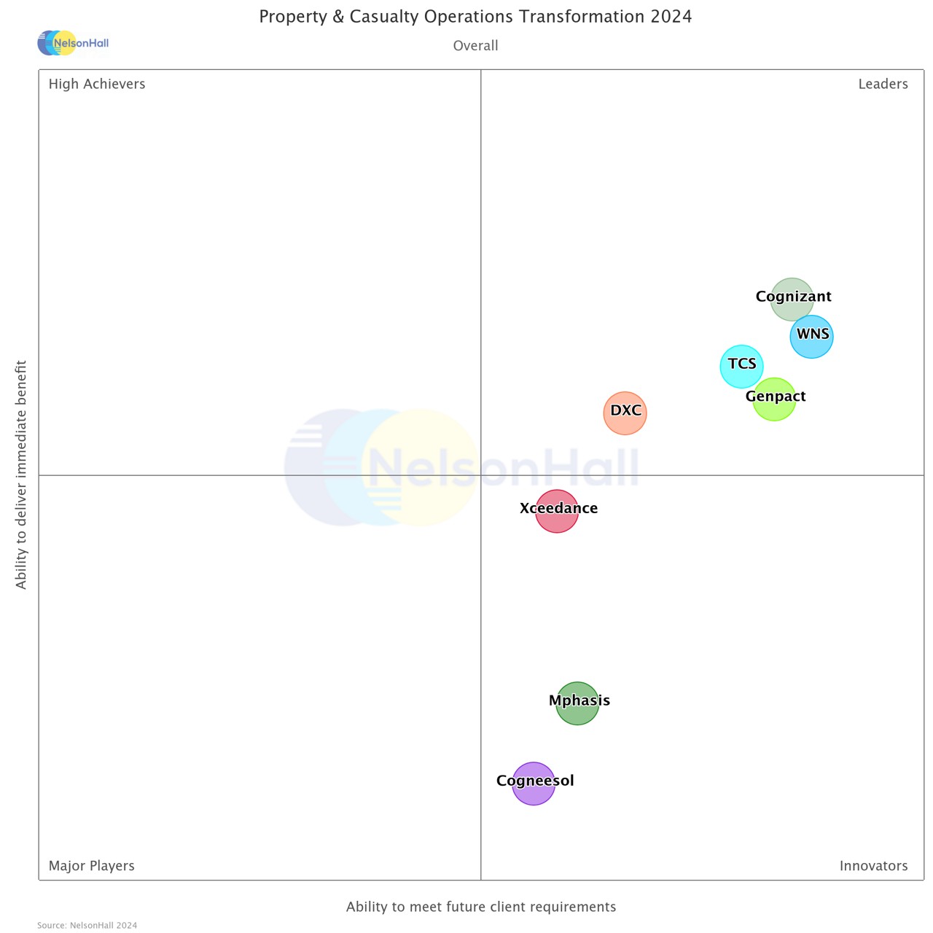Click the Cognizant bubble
coord(792,300)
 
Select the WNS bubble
coord(811,337)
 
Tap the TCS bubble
coord(741,366)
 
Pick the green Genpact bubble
coord(774,399)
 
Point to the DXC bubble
coord(625,413)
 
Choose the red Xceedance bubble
coord(557,511)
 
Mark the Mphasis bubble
coord(577,703)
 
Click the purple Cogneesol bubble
coord(534,784)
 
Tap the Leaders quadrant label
coord(883,84)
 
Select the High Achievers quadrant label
coord(97,84)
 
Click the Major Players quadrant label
coord(91,866)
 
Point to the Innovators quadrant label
coord(873,866)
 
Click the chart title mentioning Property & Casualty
coord(475,17)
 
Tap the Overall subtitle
coord(475,46)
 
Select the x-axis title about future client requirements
coord(481,907)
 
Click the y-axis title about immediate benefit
coord(21,475)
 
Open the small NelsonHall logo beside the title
coord(73,43)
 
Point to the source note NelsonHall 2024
coord(87,926)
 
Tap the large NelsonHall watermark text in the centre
coord(503,467)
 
